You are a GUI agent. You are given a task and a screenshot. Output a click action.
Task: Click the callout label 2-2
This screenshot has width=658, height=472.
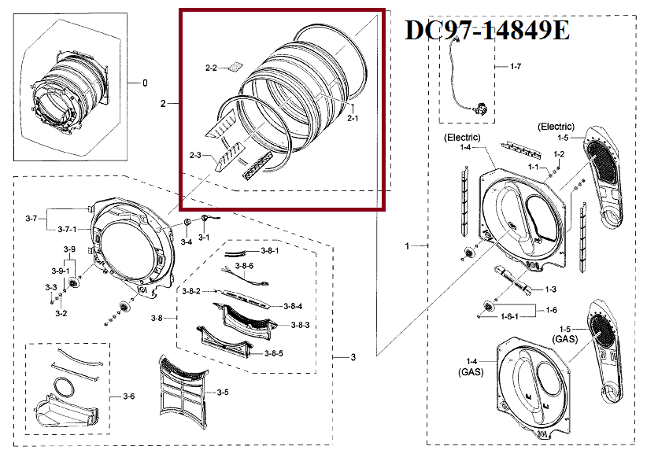click(x=210, y=69)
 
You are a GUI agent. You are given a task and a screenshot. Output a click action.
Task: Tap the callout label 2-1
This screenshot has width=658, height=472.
click(x=353, y=119)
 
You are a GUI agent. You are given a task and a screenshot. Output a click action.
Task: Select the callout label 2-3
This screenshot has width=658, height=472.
click(x=195, y=156)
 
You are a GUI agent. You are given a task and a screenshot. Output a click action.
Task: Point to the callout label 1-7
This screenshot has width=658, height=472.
click(x=515, y=67)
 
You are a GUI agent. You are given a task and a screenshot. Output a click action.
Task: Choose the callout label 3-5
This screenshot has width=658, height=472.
click(x=223, y=392)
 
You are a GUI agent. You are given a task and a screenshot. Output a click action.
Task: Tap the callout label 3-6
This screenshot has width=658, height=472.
click(x=128, y=395)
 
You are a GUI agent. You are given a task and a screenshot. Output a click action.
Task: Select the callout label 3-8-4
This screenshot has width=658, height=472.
click(x=294, y=306)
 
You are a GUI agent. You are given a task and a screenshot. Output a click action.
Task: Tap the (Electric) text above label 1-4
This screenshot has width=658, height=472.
click(x=461, y=138)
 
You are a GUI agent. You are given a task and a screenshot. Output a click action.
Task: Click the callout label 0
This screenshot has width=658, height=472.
click(x=144, y=83)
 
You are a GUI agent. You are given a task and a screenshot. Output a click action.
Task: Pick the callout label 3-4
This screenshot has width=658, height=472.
click(x=186, y=242)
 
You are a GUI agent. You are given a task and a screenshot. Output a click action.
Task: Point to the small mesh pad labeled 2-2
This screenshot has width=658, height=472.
click(x=235, y=67)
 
